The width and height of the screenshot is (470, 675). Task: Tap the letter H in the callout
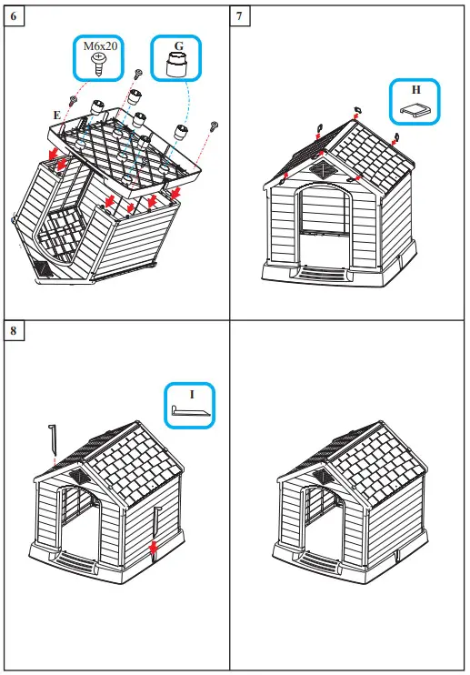pyautogui.click(x=415, y=90)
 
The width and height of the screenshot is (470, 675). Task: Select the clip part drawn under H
pyautogui.click(x=415, y=110)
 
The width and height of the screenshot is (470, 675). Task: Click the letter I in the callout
pyautogui.click(x=192, y=395)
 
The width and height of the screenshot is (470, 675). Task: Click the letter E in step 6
pyautogui.click(x=57, y=116)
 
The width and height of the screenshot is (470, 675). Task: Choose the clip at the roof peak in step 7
pyautogui.click(x=356, y=114)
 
